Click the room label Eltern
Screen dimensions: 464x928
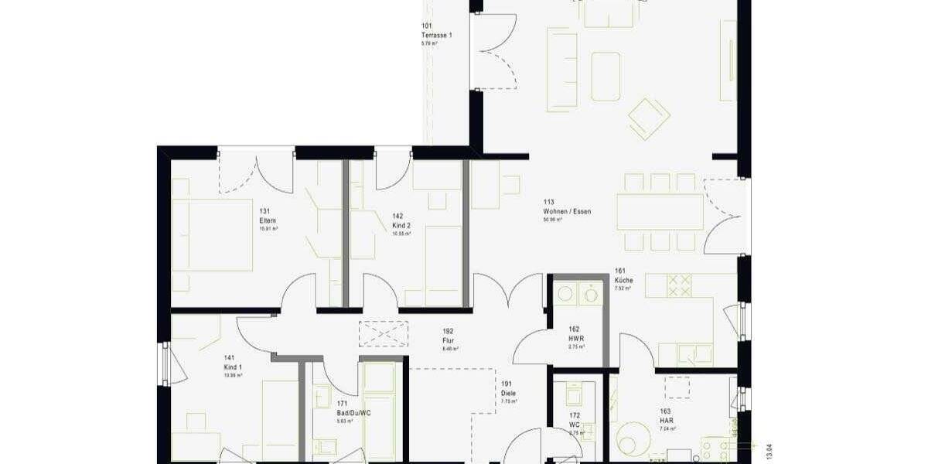268,220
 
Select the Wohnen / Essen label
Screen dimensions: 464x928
567,211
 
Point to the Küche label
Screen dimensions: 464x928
624,280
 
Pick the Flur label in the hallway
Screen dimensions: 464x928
449,339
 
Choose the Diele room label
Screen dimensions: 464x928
507,393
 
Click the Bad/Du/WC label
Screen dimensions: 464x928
349,412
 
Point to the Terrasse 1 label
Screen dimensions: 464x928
436,36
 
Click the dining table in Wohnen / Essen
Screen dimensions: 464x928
660,212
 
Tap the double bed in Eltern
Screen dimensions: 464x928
212,235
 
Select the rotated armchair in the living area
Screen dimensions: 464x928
649,118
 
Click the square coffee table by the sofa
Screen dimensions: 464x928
606,76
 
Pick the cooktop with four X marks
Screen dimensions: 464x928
678,285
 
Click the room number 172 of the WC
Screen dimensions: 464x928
575,415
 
